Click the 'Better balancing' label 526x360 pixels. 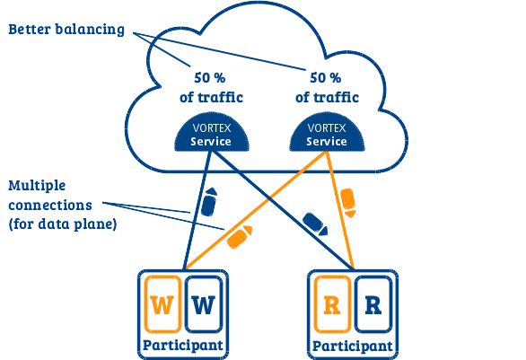pos(66,30)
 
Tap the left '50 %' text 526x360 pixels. pos(210,78)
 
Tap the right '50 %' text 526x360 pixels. pos(326,78)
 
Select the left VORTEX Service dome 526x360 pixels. pos(212,132)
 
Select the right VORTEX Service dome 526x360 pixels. pos(327,132)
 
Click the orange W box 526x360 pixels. pos(162,304)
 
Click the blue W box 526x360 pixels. pos(204,304)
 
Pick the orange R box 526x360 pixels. pos(332,304)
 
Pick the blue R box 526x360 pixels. pos(373,304)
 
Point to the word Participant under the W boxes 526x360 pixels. pos(183,346)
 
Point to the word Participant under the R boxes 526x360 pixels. pos(353,347)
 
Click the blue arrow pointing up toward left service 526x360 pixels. pos(209,202)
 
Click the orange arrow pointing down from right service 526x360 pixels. pos(348,203)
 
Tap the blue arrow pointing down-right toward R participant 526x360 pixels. pos(315,224)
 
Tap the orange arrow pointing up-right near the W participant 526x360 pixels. pos(239,237)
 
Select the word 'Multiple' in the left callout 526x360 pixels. pos(37,185)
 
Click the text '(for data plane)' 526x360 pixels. pos(63,224)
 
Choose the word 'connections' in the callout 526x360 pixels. pos(50,205)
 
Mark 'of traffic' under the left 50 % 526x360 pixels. pos(211,97)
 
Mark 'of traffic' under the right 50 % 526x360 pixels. pos(327,97)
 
